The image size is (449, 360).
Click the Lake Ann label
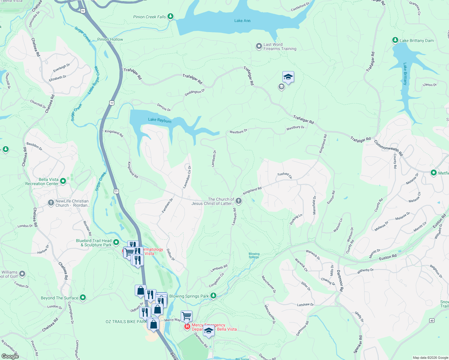click(x=242, y=21)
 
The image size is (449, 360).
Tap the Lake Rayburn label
click(x=160, y=120)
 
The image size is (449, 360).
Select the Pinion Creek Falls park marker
click(x=170, y=16)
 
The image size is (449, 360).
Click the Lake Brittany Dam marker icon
click(x=395, y=40)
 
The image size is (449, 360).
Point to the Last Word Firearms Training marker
click(x=259, y=46)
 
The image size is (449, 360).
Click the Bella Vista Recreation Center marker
click(x=63, y=181)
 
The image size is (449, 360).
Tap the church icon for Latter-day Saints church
click(x=239, y=201)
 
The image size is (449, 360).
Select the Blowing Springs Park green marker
click(x=213, y=296)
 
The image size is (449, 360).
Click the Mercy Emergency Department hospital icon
click(x=187, y=326)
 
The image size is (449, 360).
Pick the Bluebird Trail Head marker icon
click(x=116, y=242)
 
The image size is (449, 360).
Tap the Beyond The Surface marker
click(x=83, y=298)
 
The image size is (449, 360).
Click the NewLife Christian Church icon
click(x=51, y=203)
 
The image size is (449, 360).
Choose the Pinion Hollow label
click(x=110, y=39)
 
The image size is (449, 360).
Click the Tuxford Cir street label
click(x=285, y=175)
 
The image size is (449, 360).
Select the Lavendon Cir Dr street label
click(x=187, y=177)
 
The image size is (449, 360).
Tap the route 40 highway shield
click(x=432, y=320)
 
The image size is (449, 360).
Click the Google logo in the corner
click(x=10, y=356)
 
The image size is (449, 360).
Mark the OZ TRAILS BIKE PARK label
click(x=126, y=322)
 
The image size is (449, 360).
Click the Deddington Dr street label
click(x=194, y=92)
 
